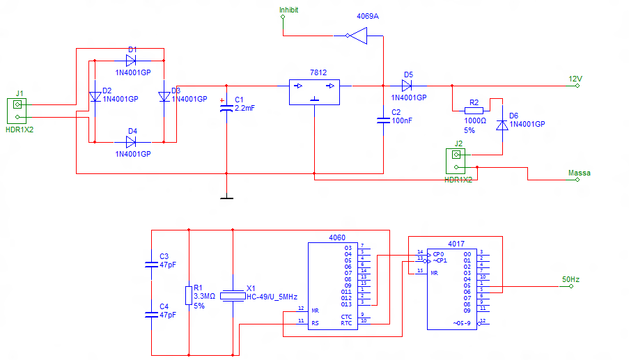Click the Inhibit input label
tap(288, 10)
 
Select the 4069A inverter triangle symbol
tap(357, 36)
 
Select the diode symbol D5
tap(407, 86)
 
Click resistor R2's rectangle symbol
tap(474, 110)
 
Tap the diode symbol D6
tap(502, 125)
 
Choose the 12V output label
tap(575, 79)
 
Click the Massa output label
tap(580, 173)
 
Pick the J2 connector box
tap(457, 161)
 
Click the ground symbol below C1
tap(226, 198)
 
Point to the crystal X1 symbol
tap(233, 296)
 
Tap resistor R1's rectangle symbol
tap(188, 295)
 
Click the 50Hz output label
tap(570, 279)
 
